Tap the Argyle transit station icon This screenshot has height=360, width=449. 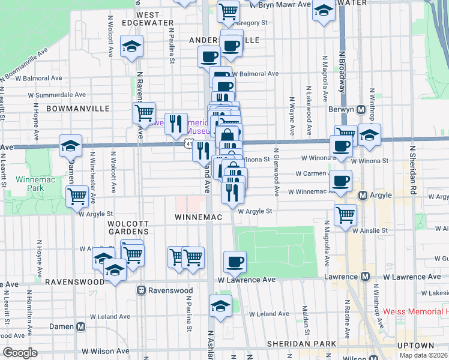(363, 196)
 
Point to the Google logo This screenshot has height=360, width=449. (20, 353)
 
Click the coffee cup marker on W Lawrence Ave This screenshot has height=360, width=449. (235, 261)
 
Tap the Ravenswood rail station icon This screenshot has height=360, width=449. (142, 290)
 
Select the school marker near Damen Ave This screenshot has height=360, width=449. (70, 145)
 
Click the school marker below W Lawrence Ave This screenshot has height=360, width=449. (221, 305)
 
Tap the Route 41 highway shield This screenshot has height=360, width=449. (188, 145)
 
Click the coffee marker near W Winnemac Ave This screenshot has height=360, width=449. (341, 180)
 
